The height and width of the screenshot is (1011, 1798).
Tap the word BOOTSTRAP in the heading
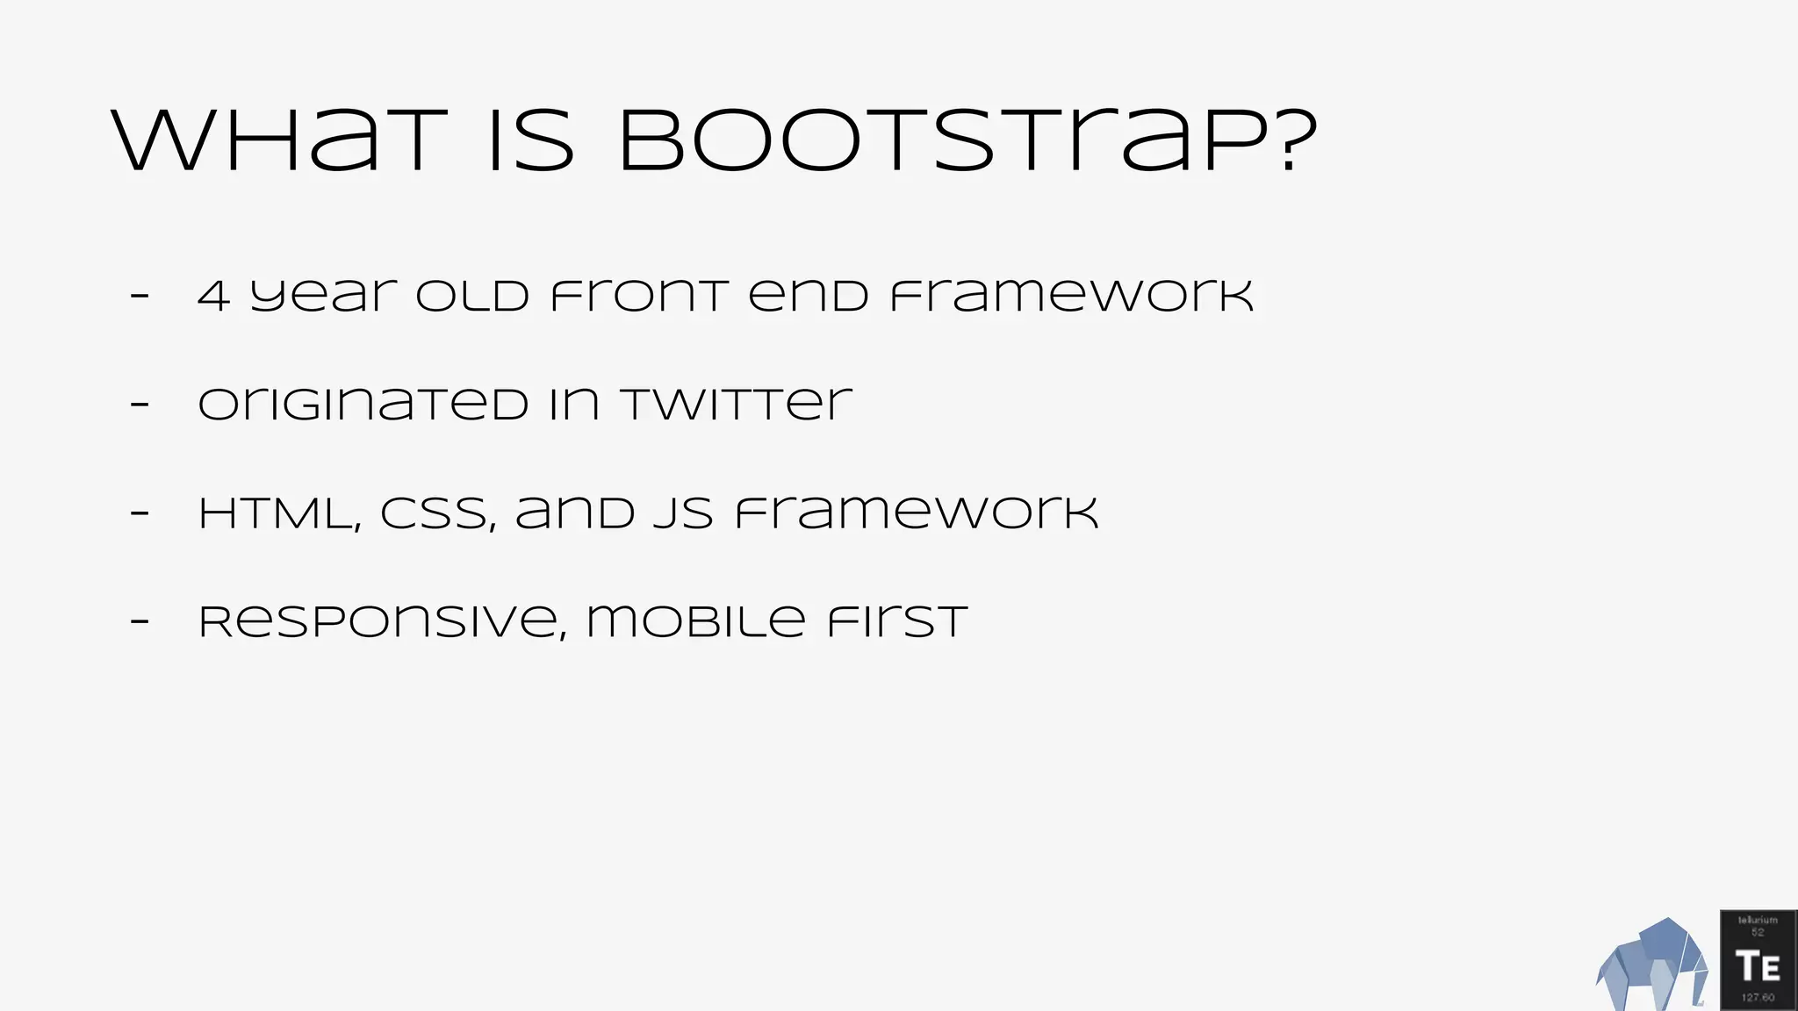pos(945,142)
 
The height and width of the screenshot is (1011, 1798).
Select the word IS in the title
pos(531,142)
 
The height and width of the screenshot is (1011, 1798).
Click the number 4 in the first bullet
pos(213,297)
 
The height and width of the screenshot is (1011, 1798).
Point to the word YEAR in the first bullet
pos(323,297)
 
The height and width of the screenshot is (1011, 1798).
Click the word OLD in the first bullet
pos(472,297)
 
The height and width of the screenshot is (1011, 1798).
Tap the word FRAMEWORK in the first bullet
pos(1072,297)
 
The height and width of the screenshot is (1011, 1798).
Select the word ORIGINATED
pos(363,405)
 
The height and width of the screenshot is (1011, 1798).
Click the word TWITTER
pos(736,405)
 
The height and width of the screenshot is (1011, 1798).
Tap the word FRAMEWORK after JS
pos(917,514)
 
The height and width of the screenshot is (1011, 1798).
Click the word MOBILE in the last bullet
pos(695,622)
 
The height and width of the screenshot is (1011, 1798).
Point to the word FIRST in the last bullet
pos(896,622)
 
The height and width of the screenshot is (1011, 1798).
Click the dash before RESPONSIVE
pos(140,622)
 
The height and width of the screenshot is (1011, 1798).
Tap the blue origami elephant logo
pos(1651,966)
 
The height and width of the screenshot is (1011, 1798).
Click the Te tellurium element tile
pos(1758,961)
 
